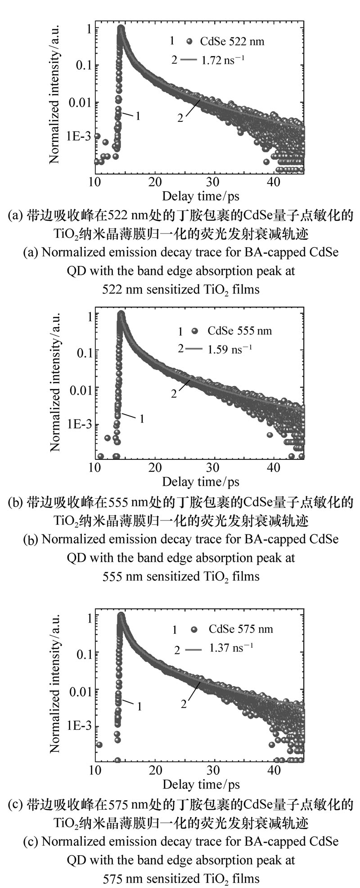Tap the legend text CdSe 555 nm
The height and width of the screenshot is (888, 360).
(239, 331)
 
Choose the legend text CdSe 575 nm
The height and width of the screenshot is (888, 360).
(240, 628)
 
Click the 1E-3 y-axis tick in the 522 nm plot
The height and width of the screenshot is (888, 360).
(79, 136)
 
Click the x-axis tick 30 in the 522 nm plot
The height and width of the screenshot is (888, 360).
(215, 182)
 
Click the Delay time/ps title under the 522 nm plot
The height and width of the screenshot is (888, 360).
(201, 196)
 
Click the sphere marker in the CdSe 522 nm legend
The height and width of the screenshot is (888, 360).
(189, 42)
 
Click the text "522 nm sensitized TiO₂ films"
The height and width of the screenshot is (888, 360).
(181, 289)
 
